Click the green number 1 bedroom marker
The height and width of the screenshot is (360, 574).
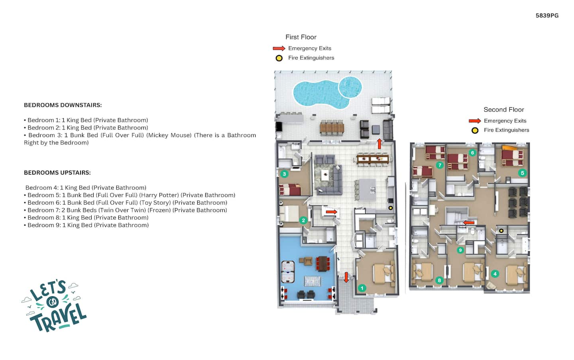[x=362, y=288]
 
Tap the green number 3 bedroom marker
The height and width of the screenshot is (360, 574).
[x=284, y=174]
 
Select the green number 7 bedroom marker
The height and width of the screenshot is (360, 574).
[x=440, y=165]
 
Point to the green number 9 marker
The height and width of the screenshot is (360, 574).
[x=460, y=250]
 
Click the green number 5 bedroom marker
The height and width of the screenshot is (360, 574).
[x=523, y=173]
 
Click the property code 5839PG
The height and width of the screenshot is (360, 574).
[x=547, y=16]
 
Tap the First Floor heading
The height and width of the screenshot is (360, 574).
[x=301, y=37]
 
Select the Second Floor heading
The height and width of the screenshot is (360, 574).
[x=503, y=110]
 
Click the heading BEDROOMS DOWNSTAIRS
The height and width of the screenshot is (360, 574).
[x=63, y=105]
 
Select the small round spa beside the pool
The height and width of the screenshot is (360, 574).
[x=350, y=87]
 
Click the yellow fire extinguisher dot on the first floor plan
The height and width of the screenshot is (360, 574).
[x=391, y=208]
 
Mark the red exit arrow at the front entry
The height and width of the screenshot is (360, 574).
[x=346, y=277]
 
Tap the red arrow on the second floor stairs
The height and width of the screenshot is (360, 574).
[x=469, y=223]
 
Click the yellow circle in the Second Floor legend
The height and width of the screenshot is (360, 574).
[x=475, y=130]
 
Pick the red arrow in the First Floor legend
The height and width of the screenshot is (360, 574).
[x=279, y=48]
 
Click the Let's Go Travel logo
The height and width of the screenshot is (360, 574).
[x=54, y=306]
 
